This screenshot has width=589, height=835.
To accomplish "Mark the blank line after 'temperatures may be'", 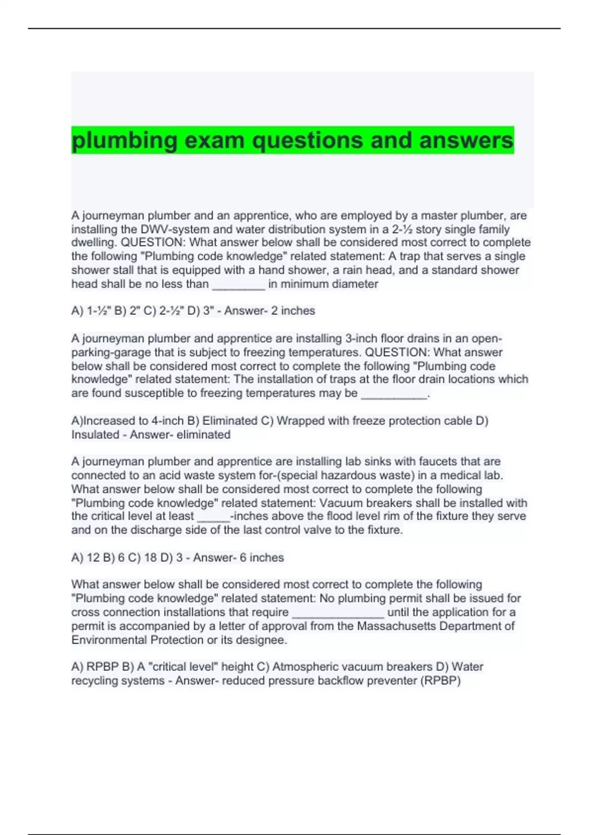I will pos(394,394).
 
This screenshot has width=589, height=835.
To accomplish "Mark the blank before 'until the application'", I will pos(338,614).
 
